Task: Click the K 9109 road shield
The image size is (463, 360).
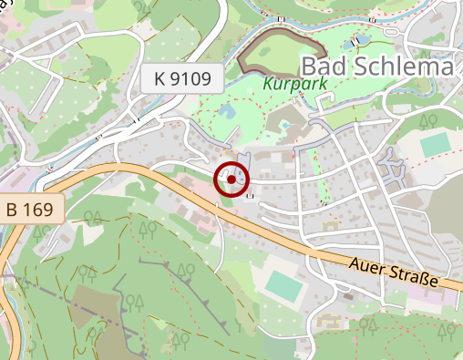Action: tap(182, 79)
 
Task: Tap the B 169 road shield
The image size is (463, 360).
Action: tap(32, 209)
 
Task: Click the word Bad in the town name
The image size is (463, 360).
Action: tap(323, 67)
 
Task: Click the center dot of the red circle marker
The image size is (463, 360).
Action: tap(231, 180)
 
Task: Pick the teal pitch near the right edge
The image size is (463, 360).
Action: tap(436, 144)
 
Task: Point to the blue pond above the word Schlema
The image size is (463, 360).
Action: tap(356, 40)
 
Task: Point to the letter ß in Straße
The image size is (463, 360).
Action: tap(434, 280)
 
